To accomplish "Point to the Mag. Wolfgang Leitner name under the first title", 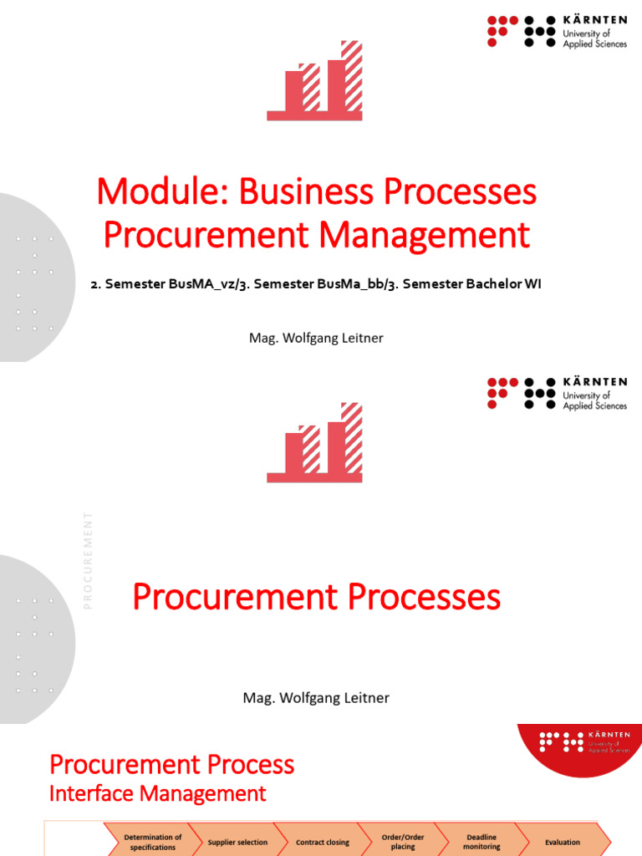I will pyautogui.click(x=316, y=339).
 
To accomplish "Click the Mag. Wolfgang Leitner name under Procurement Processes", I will pyautogui.click(x=316, y=697).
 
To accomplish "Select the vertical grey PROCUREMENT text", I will pyautogui.click(x=88, y=559).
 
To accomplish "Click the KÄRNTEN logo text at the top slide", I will pyautogui.click(x=594, y=19).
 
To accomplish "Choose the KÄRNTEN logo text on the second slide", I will pyautogui.click(x=594, y=381).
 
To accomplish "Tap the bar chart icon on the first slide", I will pyautogui.click(x=315, y=80).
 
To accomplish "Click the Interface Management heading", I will pyautogui.click(x=157, y=793).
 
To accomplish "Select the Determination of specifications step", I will pyautogui.click(x=152, y=842).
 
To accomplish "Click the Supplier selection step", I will pyautogui.click(x=237, y=843).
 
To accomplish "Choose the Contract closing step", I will pyautogui.click(x=323, y=843).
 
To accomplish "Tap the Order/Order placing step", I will pyautogui.click(x=402, y=842).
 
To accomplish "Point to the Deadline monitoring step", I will pyautogui.click(x=481, y=842).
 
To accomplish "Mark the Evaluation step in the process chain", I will pyautogui.click(x=562, y=843).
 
